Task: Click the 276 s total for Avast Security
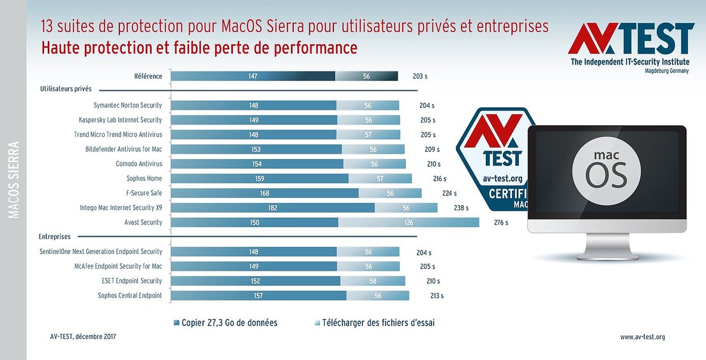(x=500, y=223)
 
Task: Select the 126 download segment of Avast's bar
(x=409, y=223)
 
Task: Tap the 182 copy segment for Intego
(x=273, y=208)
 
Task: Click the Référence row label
(x=148, y=76)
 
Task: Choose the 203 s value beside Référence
(x=420, y=77)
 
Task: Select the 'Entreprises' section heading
(x=54, y=237)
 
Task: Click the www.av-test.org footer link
(x=642, y=337)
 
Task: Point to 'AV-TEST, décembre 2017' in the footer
(x=83, y=336)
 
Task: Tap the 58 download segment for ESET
(x=373, y=281)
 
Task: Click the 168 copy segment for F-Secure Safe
(x=265, y=193)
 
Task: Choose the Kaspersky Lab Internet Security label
(x=120, y=120)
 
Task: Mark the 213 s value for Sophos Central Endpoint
(x=437, y=296)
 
